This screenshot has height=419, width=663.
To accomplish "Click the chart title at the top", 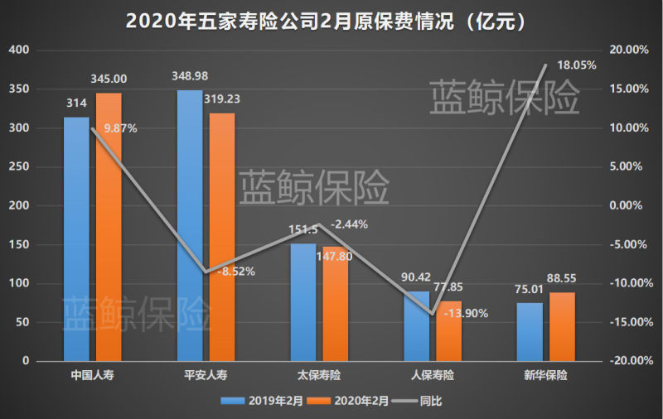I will (x=331, y=20).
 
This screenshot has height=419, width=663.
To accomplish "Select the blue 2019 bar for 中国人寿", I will (x=76, y=240).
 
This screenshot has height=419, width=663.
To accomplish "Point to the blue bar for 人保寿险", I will (x=417, y=326).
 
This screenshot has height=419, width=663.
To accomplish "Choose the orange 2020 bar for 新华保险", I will (x=562, y=327).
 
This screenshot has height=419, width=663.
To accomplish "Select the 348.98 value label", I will (x=190, y=76).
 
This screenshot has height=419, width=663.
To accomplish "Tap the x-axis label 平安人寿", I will (x=206, y=376).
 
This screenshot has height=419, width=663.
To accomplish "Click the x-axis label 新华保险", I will (x=546, y=376).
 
